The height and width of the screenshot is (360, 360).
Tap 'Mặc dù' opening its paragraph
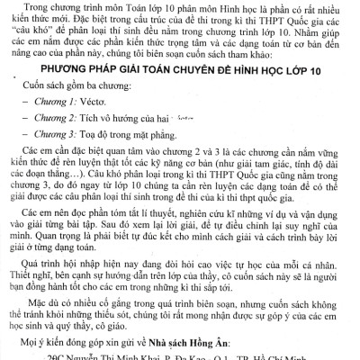pos(40,306)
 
